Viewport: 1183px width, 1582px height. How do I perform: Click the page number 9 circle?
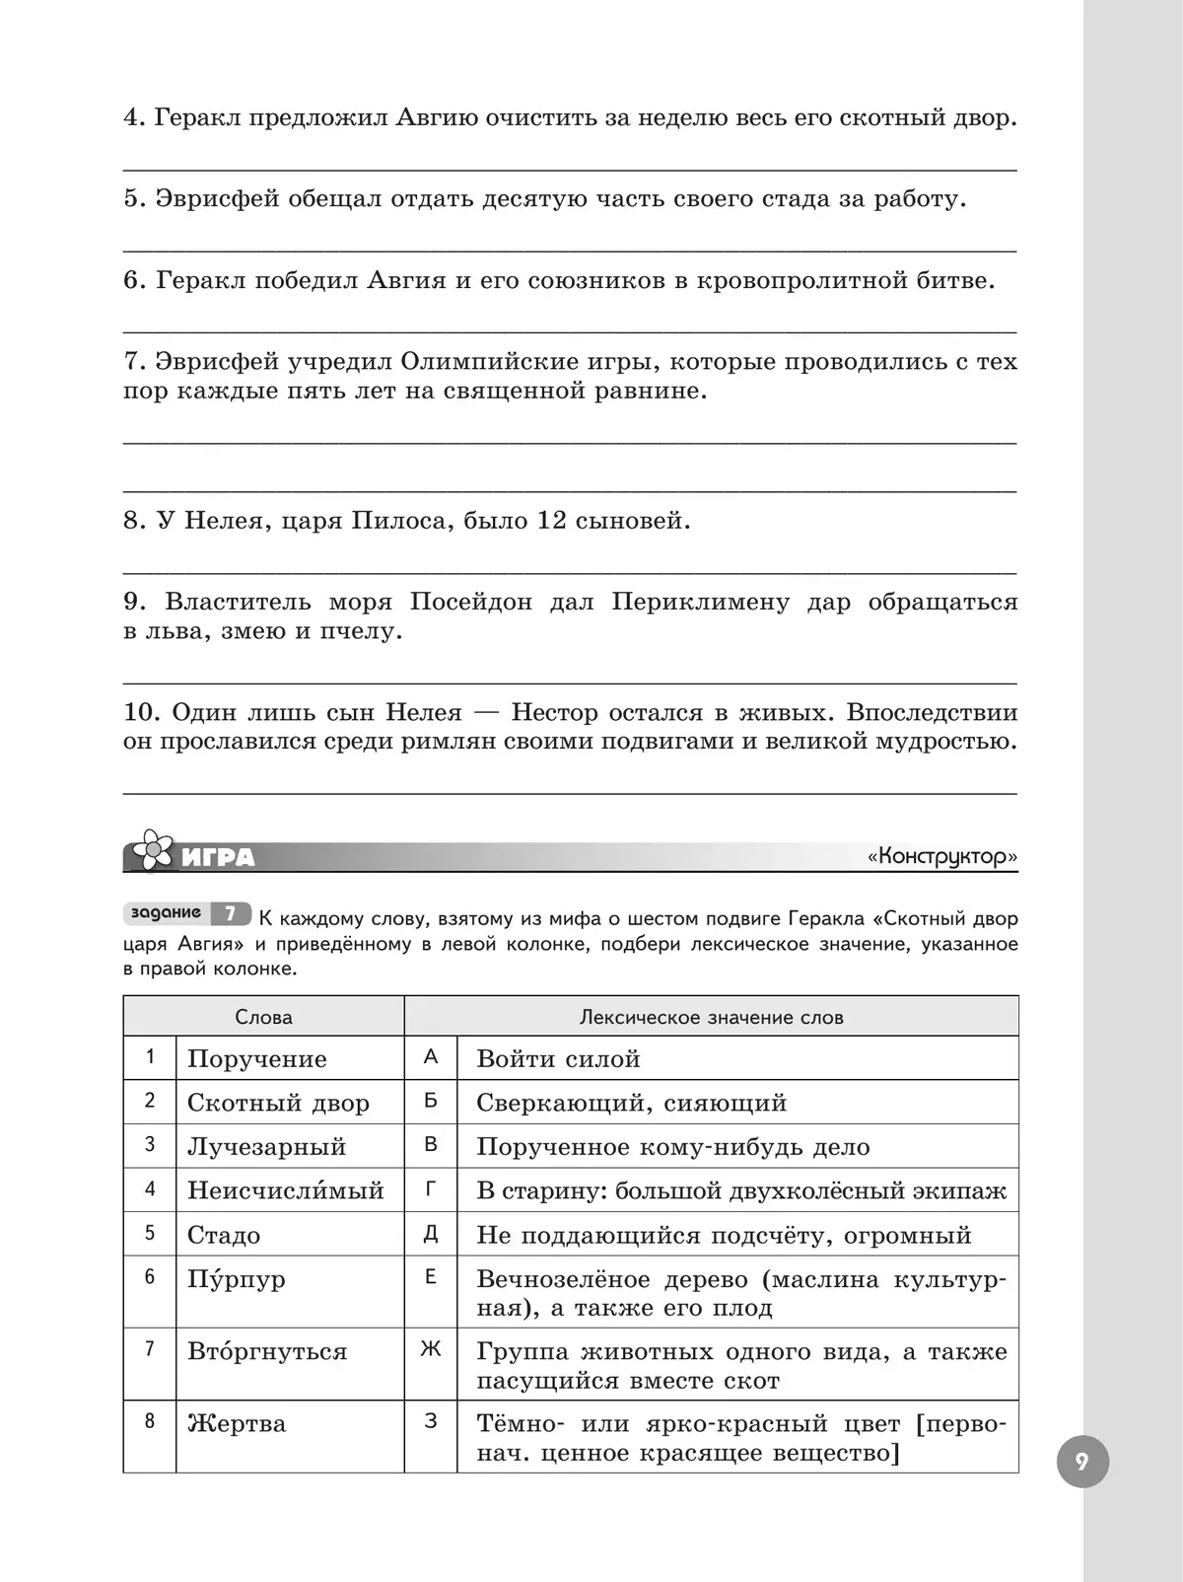(1082, 1462)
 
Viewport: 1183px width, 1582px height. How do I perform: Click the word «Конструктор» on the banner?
(942, 856)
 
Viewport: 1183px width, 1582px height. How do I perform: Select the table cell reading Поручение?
(257, 1059)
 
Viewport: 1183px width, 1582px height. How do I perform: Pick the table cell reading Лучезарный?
(267, 1147)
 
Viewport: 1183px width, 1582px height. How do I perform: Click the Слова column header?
(263, 1017)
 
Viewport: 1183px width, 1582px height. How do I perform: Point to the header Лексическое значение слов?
(711, 1017)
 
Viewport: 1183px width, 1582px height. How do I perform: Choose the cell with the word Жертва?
(237, 1424)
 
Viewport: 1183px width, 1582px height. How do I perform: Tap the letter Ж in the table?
(431, 1349)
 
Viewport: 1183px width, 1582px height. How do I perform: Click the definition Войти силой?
(558, 1059)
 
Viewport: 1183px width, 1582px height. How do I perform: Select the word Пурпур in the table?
(237, 1279)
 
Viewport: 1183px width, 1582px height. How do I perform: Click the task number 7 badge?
(230, 914)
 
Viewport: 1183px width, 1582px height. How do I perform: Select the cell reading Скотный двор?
(278, 1103)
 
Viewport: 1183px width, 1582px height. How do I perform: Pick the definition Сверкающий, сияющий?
(631, 1103)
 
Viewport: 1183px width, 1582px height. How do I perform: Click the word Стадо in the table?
(224, 1235)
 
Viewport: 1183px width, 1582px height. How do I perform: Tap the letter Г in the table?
(431, 1189)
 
